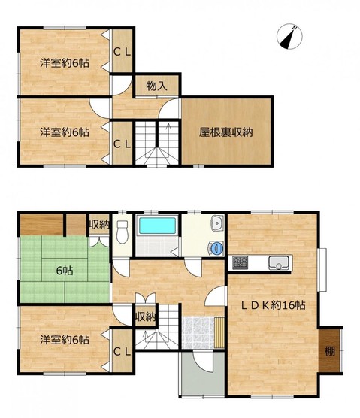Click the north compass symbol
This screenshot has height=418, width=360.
tap(289, 37)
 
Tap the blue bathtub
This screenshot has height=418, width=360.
tap(157, 226)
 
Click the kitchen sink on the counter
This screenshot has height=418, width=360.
tap(279, 262)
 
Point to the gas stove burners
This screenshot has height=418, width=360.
tap(240, 262)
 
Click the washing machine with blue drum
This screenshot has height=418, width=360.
tap(216, 248)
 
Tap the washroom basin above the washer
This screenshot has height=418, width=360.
tap(218, 223)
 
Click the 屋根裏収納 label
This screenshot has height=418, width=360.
tap(226, 132)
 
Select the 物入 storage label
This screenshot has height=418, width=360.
tap(156, 86)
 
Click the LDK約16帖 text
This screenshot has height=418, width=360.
tap(273, 305)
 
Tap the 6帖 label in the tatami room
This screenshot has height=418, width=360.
tap(65, 271)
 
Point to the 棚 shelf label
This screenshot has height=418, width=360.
tap(330, 352)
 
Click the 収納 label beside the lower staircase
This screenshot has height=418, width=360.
tap(145, 317)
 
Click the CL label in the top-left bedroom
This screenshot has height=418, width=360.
tap(122, 52)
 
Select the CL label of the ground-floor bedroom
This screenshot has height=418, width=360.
tap(122, 352)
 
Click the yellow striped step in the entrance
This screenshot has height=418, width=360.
tap(219, 332)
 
